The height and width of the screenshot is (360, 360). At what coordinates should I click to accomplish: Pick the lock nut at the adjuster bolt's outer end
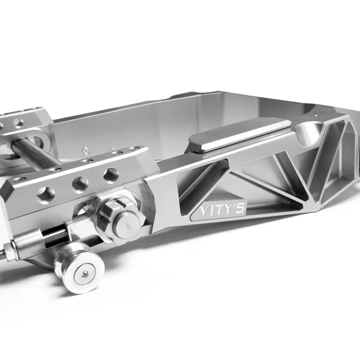(11, 248)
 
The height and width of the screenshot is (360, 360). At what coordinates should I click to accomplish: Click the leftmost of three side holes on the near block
(46, 193)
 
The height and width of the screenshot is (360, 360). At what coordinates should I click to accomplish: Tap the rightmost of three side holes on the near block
(110, 175)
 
